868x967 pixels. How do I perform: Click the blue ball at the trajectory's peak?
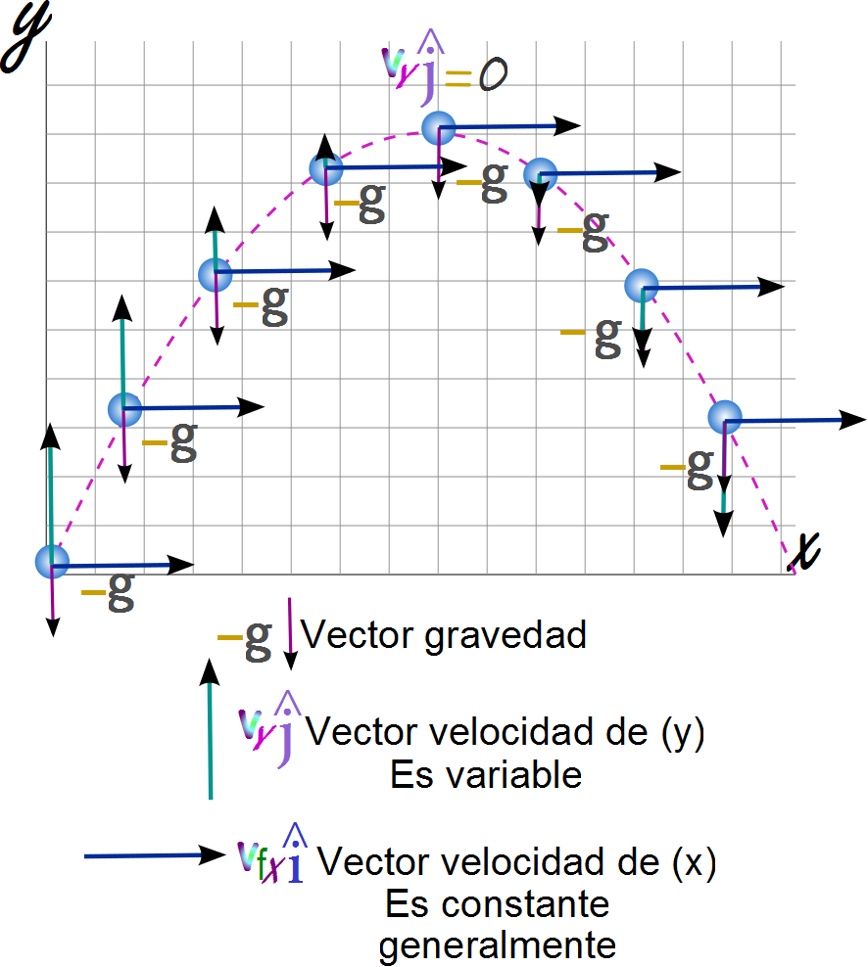439,127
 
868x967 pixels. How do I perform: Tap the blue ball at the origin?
52,562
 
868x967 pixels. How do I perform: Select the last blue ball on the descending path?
726,417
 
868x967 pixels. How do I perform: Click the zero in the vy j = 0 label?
492,76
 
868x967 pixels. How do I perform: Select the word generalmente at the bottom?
498,945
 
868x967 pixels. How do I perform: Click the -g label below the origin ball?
108,591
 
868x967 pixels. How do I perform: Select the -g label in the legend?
245,637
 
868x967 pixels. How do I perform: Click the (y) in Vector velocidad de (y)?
683,733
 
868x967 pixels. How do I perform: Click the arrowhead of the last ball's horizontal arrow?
853,419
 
